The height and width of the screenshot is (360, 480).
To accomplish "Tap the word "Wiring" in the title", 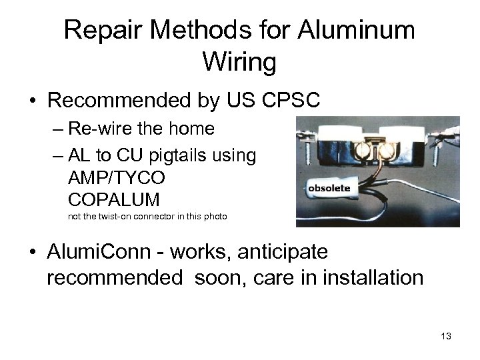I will [x=240, y=64].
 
